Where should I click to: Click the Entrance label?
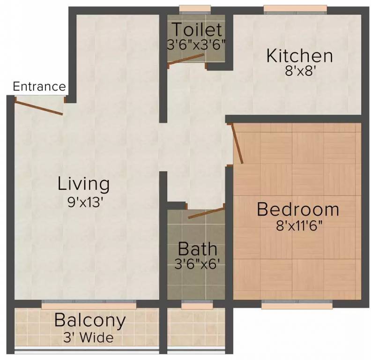coord(39,87)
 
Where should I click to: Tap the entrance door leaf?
coord(39,107)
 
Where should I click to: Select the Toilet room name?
coord(197,30)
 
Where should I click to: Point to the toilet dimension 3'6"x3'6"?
coord(196,45)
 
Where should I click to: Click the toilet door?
coord(186,59)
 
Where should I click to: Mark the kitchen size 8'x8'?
coord(300,71)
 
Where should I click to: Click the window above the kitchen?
coord(295,10)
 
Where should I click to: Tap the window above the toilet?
coord(195,10)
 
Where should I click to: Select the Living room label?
coord(84,184)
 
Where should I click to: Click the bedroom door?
coord(237,143)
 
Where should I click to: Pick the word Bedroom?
coord(298,210)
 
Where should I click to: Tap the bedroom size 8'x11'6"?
coord(299,226)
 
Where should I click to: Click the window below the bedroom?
coord(297,305)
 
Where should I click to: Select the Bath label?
coord(197,249)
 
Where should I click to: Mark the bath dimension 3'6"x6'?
coord(196,264)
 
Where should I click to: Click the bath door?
coord(206,212)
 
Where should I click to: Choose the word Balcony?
coord(90,321)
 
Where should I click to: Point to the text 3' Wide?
coord(88,337)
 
